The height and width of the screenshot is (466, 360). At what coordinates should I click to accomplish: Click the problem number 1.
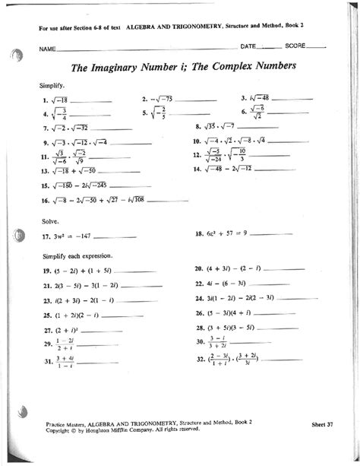click(x=46, y=100)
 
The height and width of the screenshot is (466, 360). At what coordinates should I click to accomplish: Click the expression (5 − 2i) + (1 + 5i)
click(x=83, y=270)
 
